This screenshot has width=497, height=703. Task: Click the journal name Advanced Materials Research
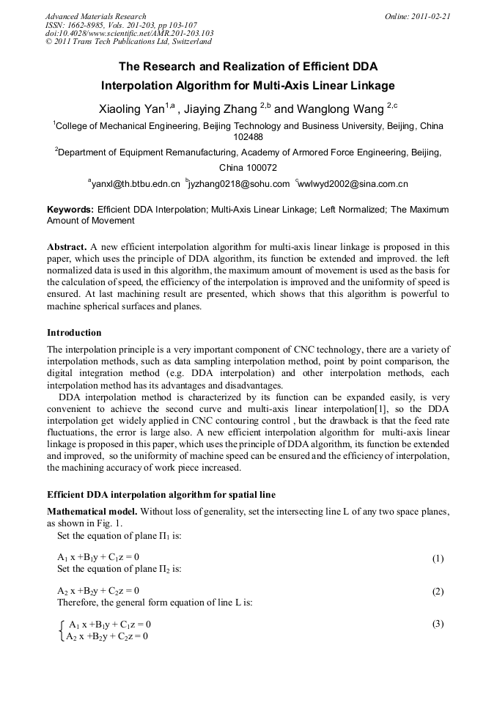(x=95, y=16)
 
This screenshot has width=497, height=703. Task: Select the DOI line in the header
(x=129, y=34)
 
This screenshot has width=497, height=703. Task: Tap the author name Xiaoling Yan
(x=132, y=109)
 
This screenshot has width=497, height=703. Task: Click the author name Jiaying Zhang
(x=220, y=109)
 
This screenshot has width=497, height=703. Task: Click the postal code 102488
(x=248, y=136)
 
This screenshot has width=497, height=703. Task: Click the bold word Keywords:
(x=70, y=210)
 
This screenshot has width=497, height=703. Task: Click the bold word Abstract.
(x=67, y=247)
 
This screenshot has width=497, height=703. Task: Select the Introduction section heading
(x=74, y=333)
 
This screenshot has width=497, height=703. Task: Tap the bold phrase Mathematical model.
(x=92, y=510)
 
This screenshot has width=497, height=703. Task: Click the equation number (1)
(x=438, y=559)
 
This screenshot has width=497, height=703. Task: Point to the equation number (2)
(x=438, y=592)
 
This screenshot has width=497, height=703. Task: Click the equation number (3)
(x=438, y=624)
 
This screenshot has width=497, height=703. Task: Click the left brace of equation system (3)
(x=61, y=630)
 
